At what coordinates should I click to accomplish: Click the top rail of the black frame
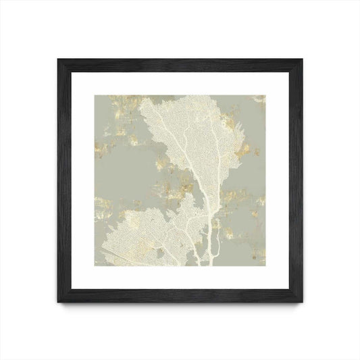(x=180, y=60)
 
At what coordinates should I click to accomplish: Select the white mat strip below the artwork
(x=180, y=284)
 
